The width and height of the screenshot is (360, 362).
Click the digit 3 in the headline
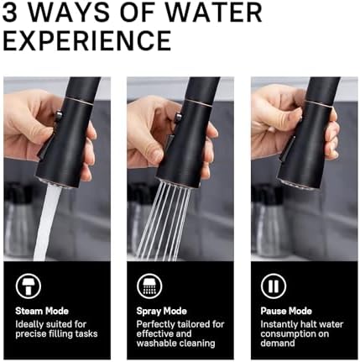click(13, 13)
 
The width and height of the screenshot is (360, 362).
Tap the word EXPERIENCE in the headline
click(88, 40)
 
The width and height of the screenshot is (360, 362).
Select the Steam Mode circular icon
click(25, 286)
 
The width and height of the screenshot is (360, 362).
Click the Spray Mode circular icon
click(149, 286)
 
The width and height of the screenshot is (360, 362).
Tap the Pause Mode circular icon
click(272, 286)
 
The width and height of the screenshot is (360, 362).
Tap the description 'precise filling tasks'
click(55, 333)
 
